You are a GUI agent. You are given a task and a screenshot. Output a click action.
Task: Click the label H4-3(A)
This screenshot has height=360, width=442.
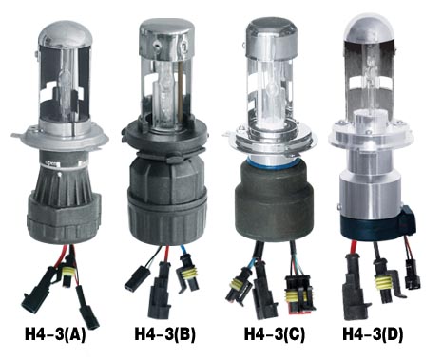(x=55, y=335)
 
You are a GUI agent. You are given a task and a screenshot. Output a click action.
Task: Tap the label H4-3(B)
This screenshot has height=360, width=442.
(x=164, y=334)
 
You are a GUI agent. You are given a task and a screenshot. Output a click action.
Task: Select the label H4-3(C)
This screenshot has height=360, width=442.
(x=275, y=334)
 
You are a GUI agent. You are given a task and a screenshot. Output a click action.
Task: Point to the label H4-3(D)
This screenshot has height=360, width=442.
(x=373, y=334)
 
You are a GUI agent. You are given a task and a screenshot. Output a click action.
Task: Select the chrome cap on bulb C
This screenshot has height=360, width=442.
(x=272, y=36)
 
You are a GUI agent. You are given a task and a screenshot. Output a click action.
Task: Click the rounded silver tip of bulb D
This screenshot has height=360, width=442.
(x=371, y=28)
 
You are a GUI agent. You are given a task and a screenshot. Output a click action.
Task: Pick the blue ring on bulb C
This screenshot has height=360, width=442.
(x=269, y=162)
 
